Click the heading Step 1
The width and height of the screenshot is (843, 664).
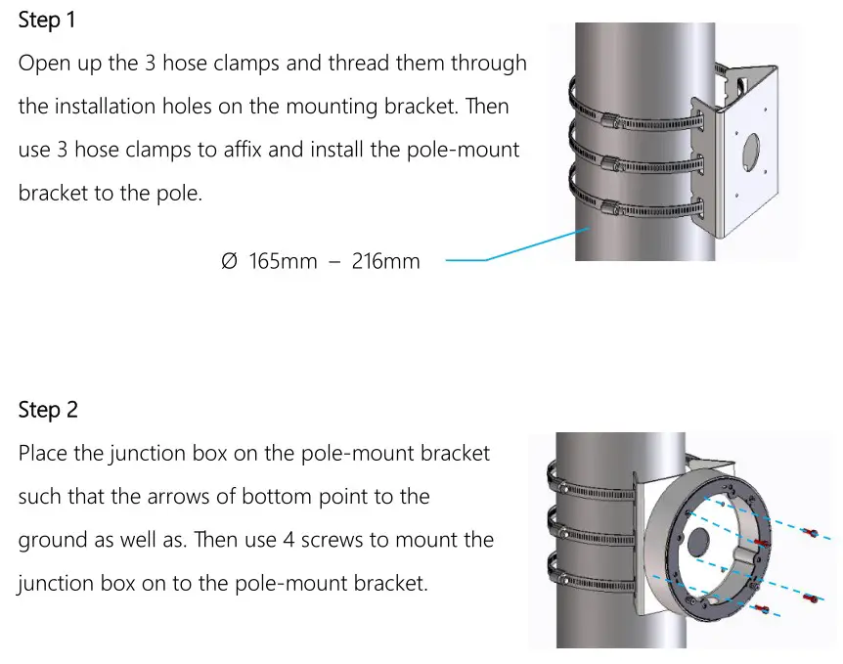(48, 20)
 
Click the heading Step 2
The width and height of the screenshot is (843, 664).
(48, 410)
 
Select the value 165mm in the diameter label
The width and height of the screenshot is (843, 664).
(283, 261)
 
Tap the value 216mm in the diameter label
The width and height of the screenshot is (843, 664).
(386, 261)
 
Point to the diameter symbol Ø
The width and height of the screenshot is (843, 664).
(229, 261)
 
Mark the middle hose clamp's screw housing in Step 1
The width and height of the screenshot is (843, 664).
(611, 163)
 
